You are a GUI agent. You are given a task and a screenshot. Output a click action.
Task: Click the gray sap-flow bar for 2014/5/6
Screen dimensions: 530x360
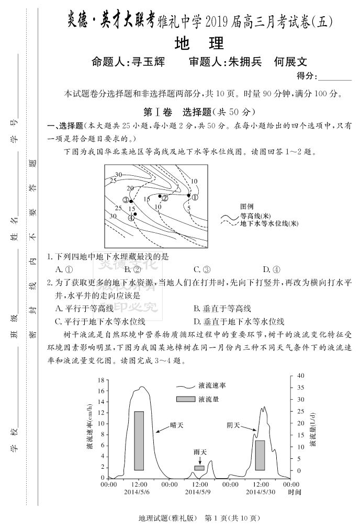pyautogui.click(x=139, y=441)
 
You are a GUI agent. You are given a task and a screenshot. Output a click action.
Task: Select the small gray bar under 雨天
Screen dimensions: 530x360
pyautogui.click(x=199, y=468)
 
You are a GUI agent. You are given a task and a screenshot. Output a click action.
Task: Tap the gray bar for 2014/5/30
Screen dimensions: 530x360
pyautogui.click(x=260, y=455)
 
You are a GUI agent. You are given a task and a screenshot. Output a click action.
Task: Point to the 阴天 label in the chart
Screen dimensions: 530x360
pyautogui.click(x=233, y=425)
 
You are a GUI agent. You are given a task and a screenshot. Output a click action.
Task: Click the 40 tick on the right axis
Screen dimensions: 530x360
pyautogui.click(x=300, y=375)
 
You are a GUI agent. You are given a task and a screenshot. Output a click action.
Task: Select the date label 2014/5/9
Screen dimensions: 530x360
pyautogui.click(x=198, y=492)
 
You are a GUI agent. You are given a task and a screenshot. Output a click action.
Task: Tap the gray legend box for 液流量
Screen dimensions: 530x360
pyautogui.click(x=185, y=399)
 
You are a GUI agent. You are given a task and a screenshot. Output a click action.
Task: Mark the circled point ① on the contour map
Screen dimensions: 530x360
pyautogui.click(x=195, y=197)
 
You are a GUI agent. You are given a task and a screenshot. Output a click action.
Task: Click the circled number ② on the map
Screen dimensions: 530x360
pyautogui.click(x=165, y=198)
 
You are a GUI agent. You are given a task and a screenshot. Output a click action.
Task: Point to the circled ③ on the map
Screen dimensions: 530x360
pyautogui.click(x=126, y=200)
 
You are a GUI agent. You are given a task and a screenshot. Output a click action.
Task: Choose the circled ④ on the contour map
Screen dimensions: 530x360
pyautogui.click(x=131, y=218)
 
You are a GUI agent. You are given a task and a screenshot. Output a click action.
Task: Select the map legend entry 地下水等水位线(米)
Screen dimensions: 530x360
pyautogui.click(x=269, y=223)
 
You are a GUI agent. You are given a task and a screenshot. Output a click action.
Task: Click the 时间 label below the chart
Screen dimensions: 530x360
pyautogui.click(x=295, y=492)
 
